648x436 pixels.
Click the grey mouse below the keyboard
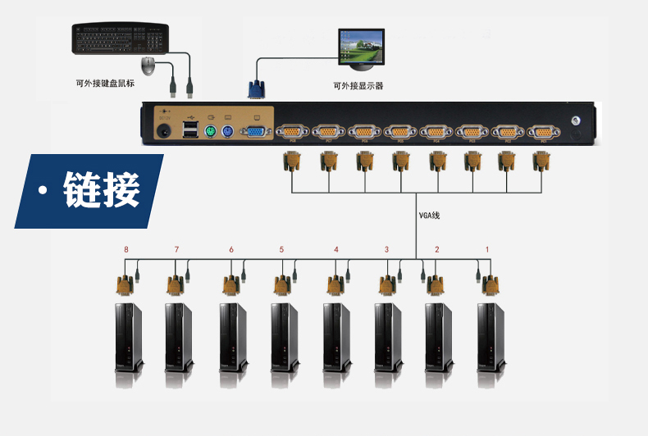pos(148,66)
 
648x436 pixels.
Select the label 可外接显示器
pos(358,85)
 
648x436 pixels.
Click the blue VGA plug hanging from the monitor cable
pos(254,89)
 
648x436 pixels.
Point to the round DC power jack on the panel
pos(164,131)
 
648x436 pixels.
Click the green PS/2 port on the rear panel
pos(210,131)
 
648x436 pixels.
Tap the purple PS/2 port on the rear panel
pos(228,131)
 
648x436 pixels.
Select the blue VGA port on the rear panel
pos(256,131)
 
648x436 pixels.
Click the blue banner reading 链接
pos(90,191)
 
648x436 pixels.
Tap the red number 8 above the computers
pos(126,249)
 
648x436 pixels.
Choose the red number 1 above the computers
pos(487,249)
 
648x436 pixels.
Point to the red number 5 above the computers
pos(281,249)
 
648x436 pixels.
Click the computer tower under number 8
pos(127,335)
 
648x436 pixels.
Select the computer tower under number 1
pos(491,335)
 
